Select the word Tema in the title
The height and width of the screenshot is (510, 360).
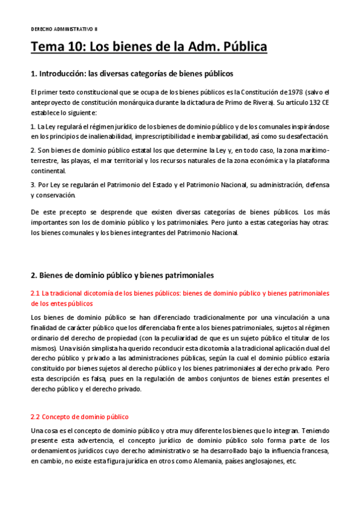coord(47,46)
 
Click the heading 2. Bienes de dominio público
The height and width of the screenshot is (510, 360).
coord(121,275)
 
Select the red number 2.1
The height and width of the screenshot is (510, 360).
coord(35,293)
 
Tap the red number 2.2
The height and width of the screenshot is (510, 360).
coord(35,417)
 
